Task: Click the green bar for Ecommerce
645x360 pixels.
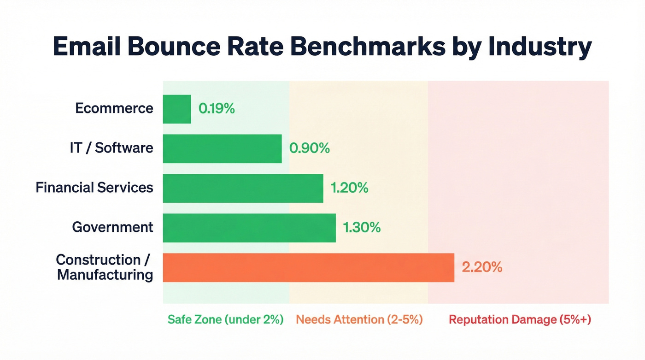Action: pyautogui.click(x=177, y=109)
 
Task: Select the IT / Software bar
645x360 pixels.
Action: pyautogui.click(x=222, y=148)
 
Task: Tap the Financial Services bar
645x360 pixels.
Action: pyautogui.click(x=243, y=188)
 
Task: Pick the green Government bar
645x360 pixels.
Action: pyautogui.click(x=249, y=228)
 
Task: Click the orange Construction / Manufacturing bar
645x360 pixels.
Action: pyautogui.click(x=308, y=268)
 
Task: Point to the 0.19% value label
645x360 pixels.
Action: pyautogui.click(x=217, y=109)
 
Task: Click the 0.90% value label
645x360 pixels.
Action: pyautogui.click(x=309, y=148)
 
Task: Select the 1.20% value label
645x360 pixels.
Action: pyautogui.click(x=349, y=188)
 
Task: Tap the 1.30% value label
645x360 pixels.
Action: pyautogui.click(x=362, y=228)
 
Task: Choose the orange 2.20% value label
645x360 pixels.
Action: pyautogui.click(x=481, y=267)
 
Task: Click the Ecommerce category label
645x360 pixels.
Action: pyautogui.click(x=114, y=108)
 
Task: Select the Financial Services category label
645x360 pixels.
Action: pyautogui.click(x=94, y=188)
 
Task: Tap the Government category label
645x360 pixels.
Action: pyautogui.click(x=112, y=227)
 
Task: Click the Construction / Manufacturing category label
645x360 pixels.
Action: pyautogui.click(x=105, y=267)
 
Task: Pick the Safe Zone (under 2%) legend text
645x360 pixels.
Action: pyautogui.click(x=225, y=319)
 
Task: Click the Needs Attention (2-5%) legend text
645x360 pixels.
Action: pyautogui.click(x=359, y=319)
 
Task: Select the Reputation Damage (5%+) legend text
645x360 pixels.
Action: pyautogui.click(x=519, y=319)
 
